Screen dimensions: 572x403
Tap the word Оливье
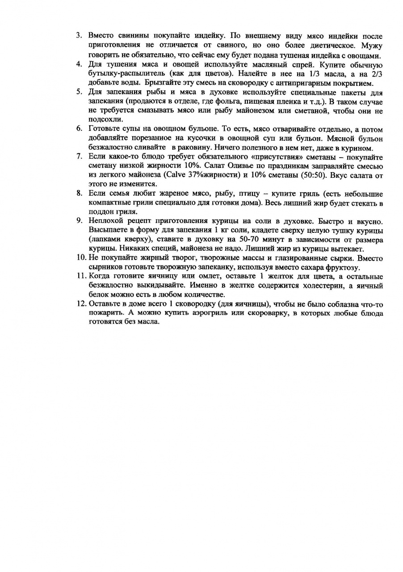237,166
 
